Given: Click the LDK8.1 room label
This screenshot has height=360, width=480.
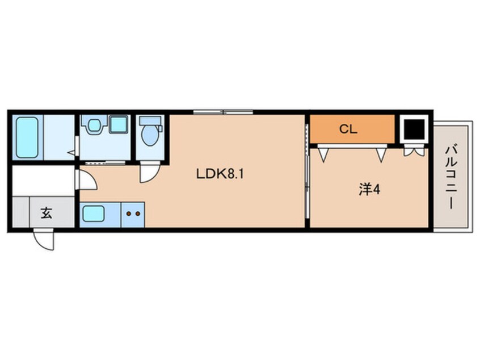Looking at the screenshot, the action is pos(220,174).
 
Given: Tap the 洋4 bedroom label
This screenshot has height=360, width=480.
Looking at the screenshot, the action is pos(369,190).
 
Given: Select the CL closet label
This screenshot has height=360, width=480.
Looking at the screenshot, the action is pos(348,129).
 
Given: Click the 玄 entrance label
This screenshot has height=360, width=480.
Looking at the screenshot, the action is pos(46,213).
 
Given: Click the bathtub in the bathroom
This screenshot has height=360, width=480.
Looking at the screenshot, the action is pos(27,137).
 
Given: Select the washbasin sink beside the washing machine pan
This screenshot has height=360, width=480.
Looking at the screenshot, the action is pos(94,125).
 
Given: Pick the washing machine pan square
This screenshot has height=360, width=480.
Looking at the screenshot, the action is pos(119,124).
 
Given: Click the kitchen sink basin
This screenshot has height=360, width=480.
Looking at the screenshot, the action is pos(94,214).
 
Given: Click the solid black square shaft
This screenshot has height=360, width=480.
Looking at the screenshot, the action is pos(414,129).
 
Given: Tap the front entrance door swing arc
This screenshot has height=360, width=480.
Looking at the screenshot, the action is pos(44,240).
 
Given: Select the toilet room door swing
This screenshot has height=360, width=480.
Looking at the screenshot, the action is pos(150,173).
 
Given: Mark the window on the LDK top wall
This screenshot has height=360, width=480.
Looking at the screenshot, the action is pos(223,112).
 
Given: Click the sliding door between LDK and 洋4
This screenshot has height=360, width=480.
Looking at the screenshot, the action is pos(307,171).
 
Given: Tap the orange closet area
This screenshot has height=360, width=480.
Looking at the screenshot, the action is pos(352,129).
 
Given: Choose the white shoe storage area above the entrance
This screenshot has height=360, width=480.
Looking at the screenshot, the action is pos(43,180).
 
